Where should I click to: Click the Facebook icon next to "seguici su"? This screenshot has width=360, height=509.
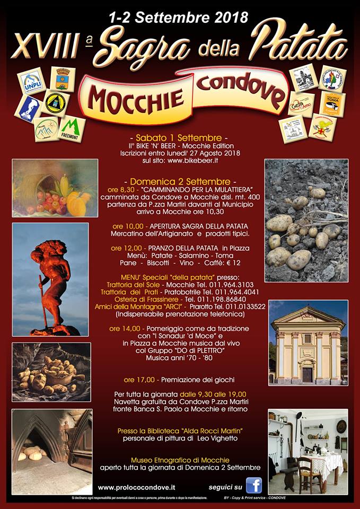coord(253,486)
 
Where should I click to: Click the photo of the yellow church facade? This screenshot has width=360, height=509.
coord(308,342)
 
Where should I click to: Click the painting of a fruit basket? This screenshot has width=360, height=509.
coord(55,188)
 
